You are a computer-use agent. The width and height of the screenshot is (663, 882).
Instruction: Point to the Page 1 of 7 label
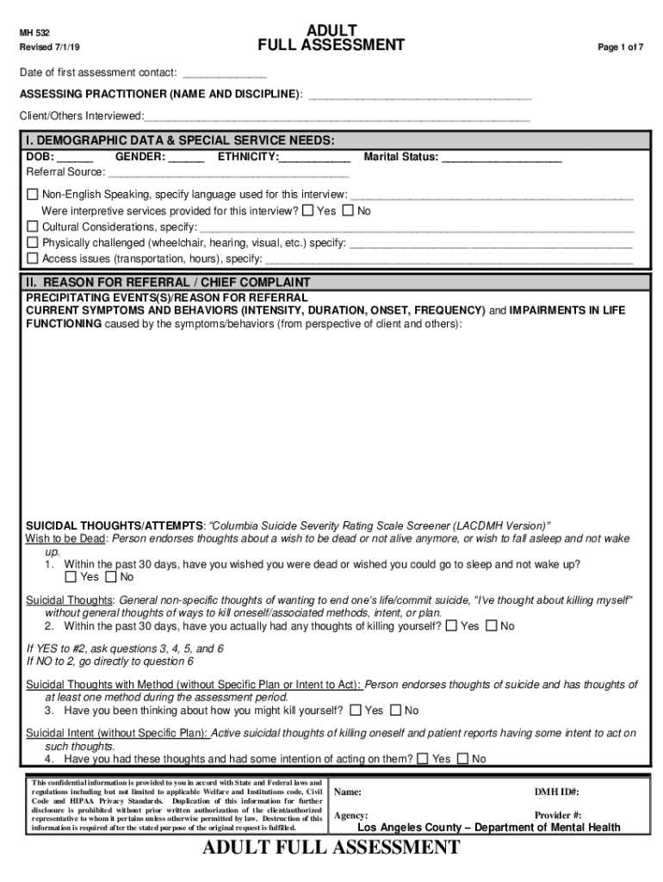[x=621, y=47]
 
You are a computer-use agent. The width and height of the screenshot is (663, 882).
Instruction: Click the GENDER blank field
[x=186, y=158]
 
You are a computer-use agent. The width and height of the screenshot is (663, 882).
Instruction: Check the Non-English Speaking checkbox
[x=33, y=195]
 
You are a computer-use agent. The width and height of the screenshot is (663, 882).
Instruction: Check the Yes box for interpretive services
[x=308, y=210]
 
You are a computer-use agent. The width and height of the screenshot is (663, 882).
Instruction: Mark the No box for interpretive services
[x=348, y=210]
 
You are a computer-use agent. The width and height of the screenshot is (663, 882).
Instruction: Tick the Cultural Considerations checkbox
[x=33, y=227]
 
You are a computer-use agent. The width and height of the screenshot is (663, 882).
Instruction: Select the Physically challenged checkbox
[x=33, y=242]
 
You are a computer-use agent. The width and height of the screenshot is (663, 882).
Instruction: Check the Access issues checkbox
[x=33, y=258]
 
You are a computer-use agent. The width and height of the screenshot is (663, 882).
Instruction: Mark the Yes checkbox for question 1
[x=71, y=576]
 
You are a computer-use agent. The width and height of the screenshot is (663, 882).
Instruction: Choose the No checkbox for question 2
[x=492, y=625]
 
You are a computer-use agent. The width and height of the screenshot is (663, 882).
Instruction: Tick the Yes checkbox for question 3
[x=356, y=710]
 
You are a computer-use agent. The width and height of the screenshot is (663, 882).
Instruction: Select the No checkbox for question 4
[x=462, y=758]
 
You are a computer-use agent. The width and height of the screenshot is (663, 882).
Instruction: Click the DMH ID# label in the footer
[x=556, y=792]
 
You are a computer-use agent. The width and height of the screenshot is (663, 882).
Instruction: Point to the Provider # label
[x=557, y=815]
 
